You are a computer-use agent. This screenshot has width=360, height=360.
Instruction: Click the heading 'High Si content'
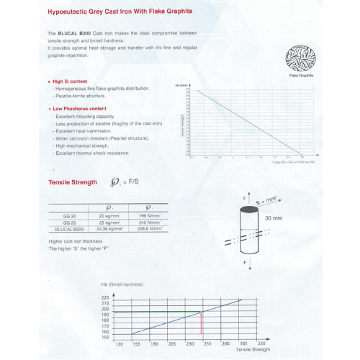point(71,81)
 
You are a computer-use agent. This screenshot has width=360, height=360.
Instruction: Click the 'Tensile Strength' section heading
point(72,182)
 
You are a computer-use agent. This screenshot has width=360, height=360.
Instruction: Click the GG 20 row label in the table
point(71,215)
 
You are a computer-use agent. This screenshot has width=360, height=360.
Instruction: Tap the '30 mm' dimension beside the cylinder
point(274,217)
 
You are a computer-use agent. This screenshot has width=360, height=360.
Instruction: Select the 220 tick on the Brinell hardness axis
point(105,297)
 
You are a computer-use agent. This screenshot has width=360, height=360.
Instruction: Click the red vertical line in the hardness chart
point(202,324)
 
